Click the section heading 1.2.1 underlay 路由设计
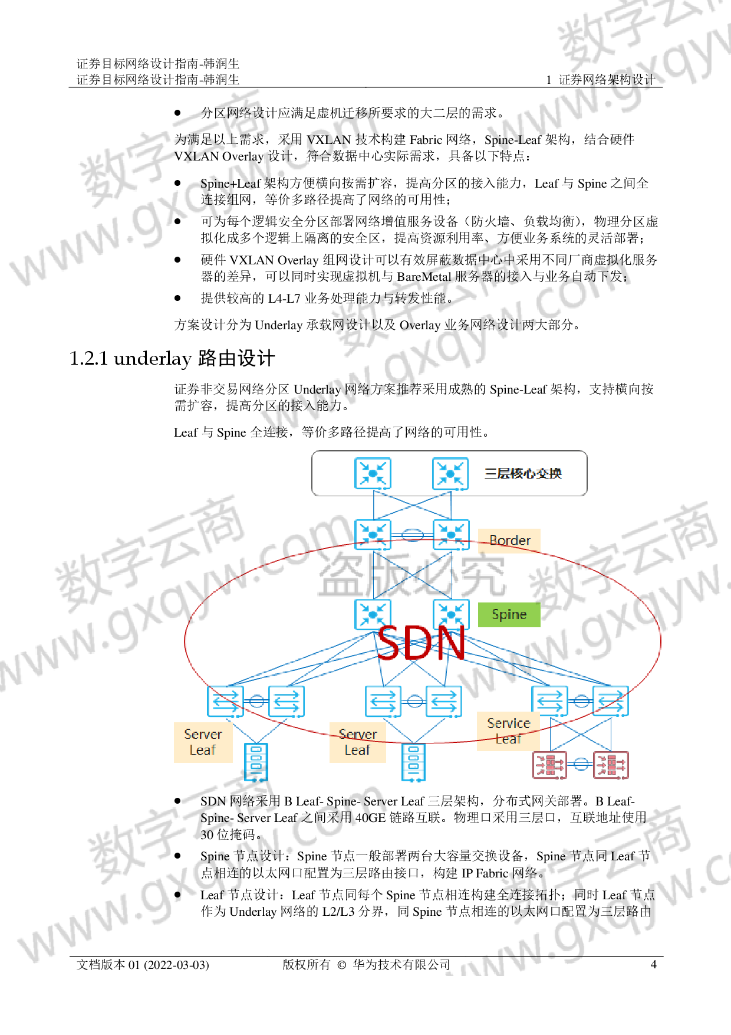pos(172,358)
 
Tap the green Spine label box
pos(509,614)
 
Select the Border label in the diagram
pos(509,541)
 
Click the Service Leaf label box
pos(508,731)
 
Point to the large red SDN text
pos(422,643)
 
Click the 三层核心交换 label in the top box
pos(523,473)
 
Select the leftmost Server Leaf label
pos(203,742)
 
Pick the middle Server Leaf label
pos(357,742)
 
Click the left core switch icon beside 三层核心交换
pos(373,473)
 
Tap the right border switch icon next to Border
pos(451,535)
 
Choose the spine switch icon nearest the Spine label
pos(451,614)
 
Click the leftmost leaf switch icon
pos(226,701)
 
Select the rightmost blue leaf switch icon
pos(611,701)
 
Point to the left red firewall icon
pos(550,765)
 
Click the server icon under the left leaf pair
pos(256,762)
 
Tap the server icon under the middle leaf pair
pos(413,762)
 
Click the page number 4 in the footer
pos(653,964)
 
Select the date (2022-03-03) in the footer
pos(177,965)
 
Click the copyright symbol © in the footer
pos(342,965)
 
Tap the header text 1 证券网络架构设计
pos(600,80)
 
